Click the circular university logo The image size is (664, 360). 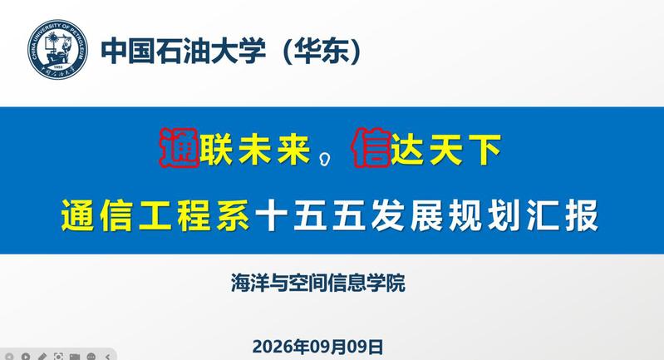[58, 50]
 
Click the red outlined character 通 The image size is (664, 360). [180, 148]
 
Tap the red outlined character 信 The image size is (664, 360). [371, 148]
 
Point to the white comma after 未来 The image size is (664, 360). [325, 160]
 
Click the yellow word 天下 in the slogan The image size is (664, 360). [465, 149]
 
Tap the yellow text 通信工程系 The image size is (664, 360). [155, 215]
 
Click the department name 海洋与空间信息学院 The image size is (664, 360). [318, 283]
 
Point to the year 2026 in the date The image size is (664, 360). [273, 347]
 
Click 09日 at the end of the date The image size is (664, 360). [365, 347]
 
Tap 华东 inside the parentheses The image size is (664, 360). [322, 52]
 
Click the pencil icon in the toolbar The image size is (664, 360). [42, 357]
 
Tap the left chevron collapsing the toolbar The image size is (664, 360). [107, 357]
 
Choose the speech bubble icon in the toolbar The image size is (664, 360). [91, 357]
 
